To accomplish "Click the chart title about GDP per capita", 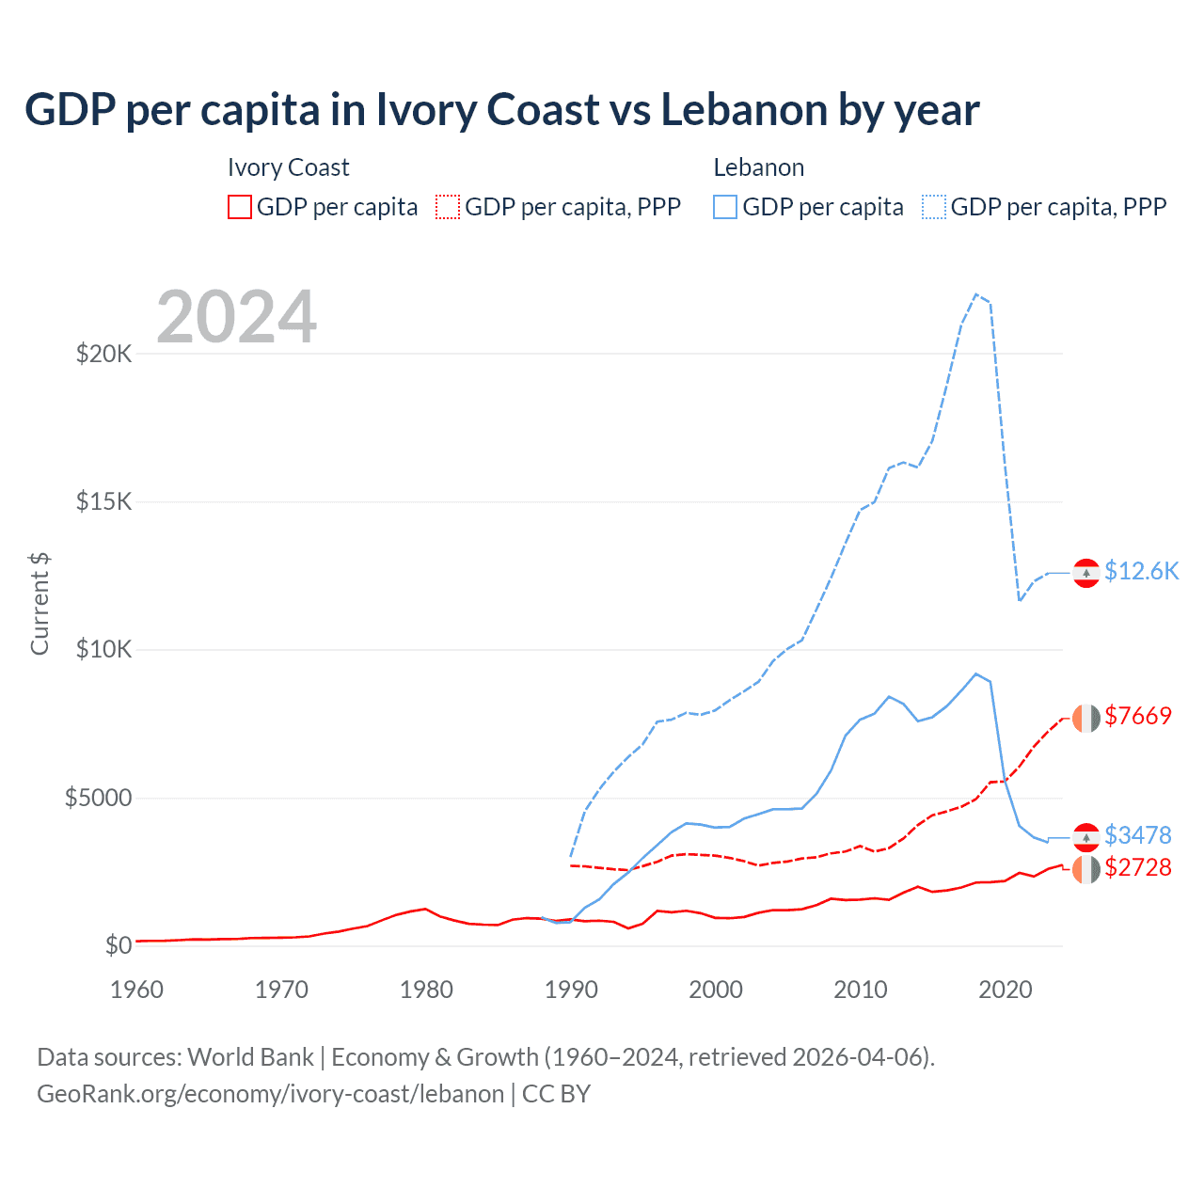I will click(502, 110).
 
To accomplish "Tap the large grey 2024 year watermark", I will click(236, 317).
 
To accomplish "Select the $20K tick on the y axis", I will click(104, 355).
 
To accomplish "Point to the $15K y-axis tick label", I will click(104, 501).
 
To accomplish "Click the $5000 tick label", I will click(98, 799).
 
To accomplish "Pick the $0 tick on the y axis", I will click(118, 945).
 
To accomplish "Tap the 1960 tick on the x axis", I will click(137, 990).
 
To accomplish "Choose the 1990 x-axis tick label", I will click(571, 990).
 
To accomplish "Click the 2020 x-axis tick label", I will click(1006, 990).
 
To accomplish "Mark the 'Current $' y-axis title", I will click(40, 604).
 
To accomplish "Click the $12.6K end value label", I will click(1141, 572).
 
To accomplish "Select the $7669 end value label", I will click(1138, 716).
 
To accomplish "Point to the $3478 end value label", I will click(1138, 835).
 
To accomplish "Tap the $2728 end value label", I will click(1138, 867).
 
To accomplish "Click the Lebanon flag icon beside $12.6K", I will click(1086, 572).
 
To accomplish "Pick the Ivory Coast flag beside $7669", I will click(1086, 718).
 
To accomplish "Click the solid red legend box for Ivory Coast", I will click(240, 207).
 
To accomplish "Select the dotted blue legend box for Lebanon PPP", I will click(934, 207).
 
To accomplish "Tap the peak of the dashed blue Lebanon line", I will click(976, 294).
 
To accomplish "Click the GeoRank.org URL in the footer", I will click(271, 1094).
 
